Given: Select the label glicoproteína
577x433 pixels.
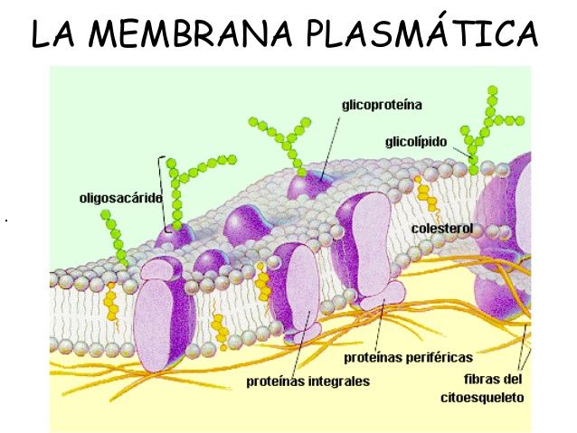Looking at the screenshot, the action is point(382,105).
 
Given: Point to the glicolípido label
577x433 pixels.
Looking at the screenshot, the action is point(416,142).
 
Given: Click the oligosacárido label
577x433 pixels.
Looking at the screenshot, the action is point(120,198).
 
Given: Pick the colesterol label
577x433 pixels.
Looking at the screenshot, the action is point(442,229).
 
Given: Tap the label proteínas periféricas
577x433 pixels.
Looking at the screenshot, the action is point(408,357).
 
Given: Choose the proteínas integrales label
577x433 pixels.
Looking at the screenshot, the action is point(307,381).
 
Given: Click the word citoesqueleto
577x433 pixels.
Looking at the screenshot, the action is point(482,398).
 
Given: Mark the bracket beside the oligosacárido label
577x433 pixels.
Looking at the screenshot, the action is point(161,194).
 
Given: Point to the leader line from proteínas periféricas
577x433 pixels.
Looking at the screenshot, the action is point(379,325).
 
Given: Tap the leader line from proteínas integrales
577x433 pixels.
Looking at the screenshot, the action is point(301,343).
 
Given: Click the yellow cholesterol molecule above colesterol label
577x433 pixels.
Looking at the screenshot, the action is point(427,194).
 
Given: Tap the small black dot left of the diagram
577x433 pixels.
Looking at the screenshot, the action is point(6,221).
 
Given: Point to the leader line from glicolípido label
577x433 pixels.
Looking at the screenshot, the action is point(462,153).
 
